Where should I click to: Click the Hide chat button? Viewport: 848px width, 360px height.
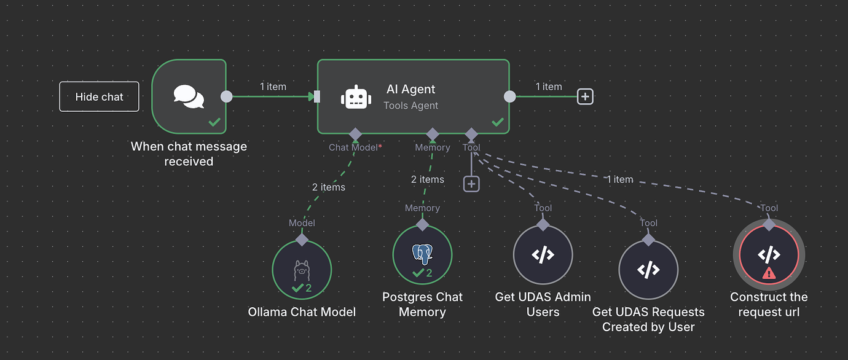(99, 96)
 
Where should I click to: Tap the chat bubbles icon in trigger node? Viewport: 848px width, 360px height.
(189, 96)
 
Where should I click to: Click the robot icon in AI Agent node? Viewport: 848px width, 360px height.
(356, 97)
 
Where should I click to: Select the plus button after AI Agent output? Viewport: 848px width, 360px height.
(585, 96)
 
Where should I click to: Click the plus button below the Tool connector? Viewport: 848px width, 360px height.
(471, 183)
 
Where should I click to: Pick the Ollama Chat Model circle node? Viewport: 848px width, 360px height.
(302, 270)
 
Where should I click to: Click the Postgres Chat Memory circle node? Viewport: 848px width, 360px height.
(422, 255)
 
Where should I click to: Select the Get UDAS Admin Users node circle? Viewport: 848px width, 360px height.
(543, 255)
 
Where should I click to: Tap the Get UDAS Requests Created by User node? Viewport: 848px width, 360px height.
(648, 270)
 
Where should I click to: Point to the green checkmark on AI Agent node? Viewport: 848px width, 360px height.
(498, 122)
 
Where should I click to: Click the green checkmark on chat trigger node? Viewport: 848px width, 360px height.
(214, 122)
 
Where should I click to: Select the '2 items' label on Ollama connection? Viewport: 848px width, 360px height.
(329, 187)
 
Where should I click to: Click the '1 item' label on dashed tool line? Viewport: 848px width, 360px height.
(619, 179)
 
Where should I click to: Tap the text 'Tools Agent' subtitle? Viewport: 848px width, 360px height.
(410, 106)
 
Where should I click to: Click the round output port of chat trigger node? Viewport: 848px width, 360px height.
(226, 96)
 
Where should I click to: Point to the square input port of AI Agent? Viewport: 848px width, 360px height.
(317, 96)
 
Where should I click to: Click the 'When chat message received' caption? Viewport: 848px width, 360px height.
(189, 154)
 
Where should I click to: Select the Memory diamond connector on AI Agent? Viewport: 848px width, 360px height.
(433, 134)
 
